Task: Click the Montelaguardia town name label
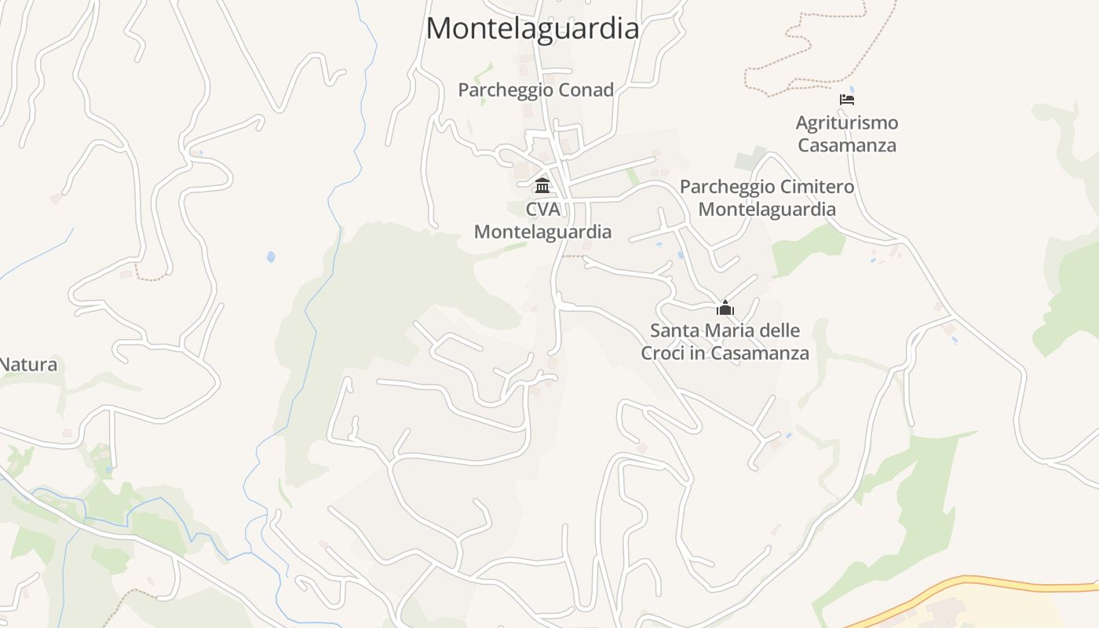point(532,29)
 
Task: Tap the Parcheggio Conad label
point(535,90)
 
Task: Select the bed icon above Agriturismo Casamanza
point(846,100)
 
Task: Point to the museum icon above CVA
point(542,186)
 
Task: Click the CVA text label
point(542,210)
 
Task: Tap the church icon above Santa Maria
point(725,308)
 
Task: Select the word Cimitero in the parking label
point(815,187)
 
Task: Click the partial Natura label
point(29,365)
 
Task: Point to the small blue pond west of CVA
point(271,257)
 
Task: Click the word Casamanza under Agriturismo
point(846,146)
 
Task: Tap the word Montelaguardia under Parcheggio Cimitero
point(767,210)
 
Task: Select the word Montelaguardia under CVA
point(542,232)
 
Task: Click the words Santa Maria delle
point(725,330)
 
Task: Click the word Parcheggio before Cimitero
point(725,187)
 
